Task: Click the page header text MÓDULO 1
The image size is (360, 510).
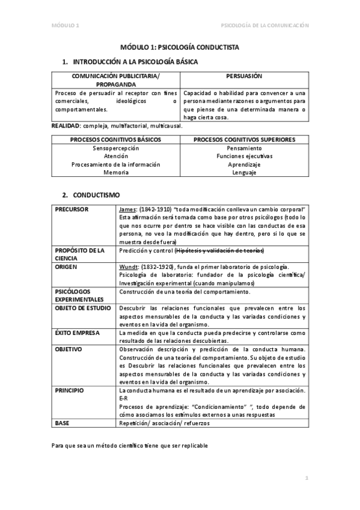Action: [x=65, y=25]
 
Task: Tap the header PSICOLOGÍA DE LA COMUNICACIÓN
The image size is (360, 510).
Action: [x=265, y=25]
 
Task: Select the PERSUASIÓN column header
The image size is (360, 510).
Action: [x=243, y=76]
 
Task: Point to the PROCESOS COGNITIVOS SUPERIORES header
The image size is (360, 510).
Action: [x=243, y=140]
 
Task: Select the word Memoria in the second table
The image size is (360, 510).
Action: [x=115, y=173]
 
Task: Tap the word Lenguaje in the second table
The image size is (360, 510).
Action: [x=243, y=173]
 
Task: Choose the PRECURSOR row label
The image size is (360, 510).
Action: [x=72, y=208]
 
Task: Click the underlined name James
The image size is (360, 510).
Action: [x=128, y=208]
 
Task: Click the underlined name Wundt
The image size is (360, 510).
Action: [x=129, y=266]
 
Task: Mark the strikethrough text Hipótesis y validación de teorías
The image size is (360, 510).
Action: [x=221, y=250]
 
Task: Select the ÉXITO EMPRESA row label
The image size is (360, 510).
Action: [x=78, y=333]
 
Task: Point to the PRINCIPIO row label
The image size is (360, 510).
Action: [x=70, y=390]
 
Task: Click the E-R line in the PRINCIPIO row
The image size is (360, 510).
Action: [x=123, y=398]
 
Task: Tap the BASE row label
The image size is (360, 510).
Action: [x=63, y=423]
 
